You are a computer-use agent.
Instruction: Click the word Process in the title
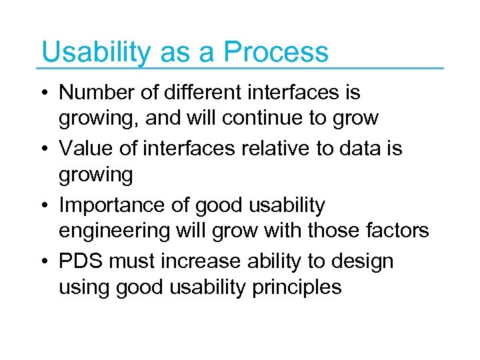click(276, 52)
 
